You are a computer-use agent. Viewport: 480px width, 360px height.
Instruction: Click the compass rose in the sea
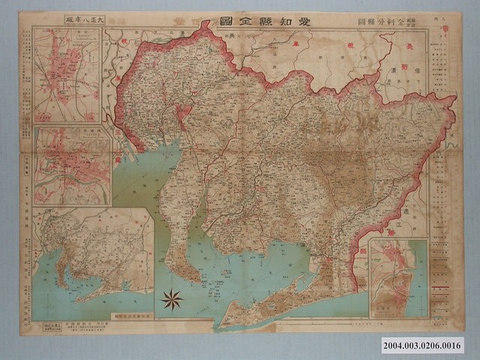pyautogui.click(x=172, y=300)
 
